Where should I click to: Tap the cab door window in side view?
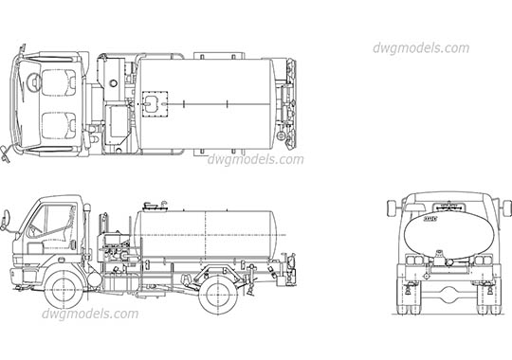59,220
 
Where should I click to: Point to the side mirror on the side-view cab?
7,223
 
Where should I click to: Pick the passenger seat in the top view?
59,124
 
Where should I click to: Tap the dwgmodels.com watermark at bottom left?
91,314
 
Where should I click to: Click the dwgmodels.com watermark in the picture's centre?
256,159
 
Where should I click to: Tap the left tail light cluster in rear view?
413,260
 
